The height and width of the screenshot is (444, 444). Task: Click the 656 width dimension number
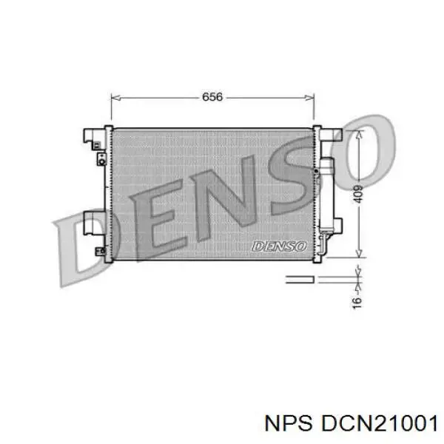[x=212, y=96]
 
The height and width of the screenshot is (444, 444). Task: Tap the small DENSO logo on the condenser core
[x=278, y=245]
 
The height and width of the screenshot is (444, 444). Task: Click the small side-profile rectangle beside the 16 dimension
[x=300, y=279]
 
